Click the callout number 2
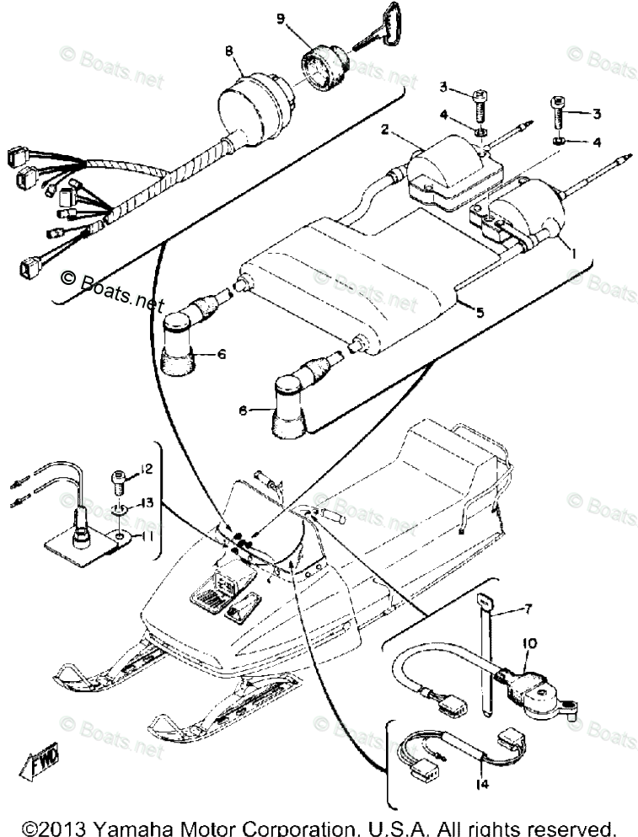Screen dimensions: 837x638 pos(384,130)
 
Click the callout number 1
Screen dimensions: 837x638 pos(574,252)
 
